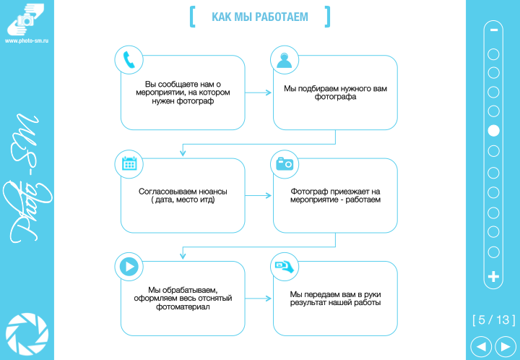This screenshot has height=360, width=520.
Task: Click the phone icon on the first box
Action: [x=129, y=60]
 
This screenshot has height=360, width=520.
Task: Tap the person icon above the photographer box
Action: [x=285, y=60]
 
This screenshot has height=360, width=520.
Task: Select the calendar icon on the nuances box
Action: [x=129, y=163]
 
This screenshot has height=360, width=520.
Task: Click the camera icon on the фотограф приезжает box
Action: [x=285, y=163]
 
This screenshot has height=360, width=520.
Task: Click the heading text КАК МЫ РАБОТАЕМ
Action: [x=260, y=17]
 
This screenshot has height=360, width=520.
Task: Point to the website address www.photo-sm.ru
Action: [x=27, y=40]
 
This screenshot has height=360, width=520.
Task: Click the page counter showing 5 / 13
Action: [x=494, y=320]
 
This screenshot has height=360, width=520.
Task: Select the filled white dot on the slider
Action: [x=494, y=131]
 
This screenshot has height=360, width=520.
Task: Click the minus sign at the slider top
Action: [x=494, y=30]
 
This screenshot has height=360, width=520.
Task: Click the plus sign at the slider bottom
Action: [x=494, y=276]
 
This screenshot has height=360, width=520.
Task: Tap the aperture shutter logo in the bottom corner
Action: [x=27, y=333]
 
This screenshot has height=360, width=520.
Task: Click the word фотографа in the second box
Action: [x=336, y=97]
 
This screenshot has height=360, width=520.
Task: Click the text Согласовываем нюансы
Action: [x=183, y=192]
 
